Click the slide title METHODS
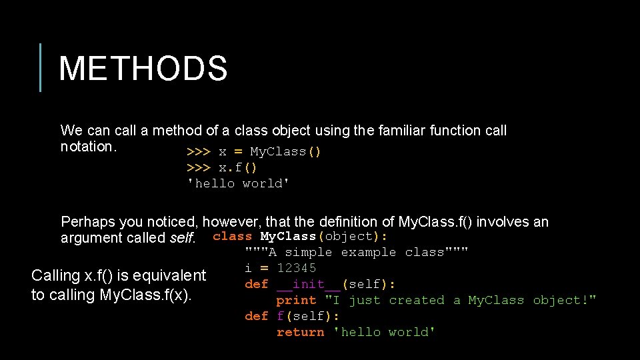tap(143, 69)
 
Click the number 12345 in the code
tap(297, 268)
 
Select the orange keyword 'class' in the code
tap(233, 236)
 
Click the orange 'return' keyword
tap(301, 332)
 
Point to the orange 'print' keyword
tap(296, 300)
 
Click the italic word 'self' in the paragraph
tap(182, 238)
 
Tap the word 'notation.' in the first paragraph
tap(89, 147)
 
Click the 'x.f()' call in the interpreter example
tap(238, 167)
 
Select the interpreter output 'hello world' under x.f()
tap(239, 183)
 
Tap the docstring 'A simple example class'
tap(357, 252)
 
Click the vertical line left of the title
tap(41, 67)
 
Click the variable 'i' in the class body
tap(248, 268)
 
